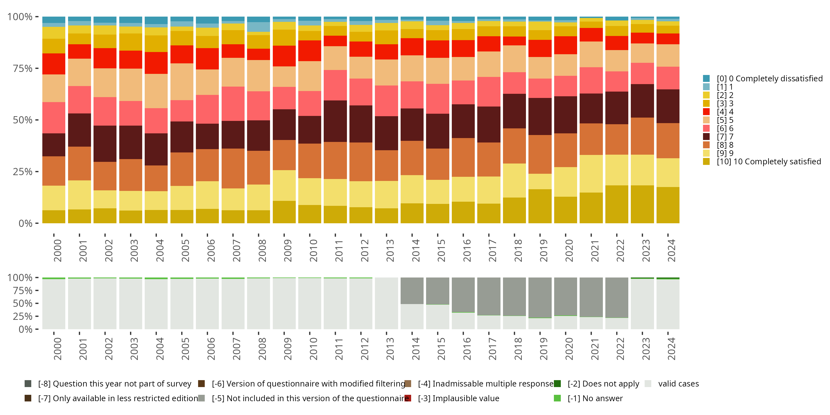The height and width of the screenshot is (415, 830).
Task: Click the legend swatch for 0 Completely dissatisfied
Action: [706, 79]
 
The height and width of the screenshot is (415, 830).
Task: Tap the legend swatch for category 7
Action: [706, 137]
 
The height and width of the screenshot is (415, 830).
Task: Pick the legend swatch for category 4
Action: [706, 112]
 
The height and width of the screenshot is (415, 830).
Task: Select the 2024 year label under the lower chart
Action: [671, 349]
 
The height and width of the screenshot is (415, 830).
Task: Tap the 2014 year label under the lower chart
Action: [415, 349]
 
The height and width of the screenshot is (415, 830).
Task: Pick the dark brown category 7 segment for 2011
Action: [335, 121]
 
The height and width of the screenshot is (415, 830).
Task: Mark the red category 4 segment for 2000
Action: [53, 64]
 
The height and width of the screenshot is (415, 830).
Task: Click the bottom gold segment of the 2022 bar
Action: [616, 204]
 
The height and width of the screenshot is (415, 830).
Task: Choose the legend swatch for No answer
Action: [557, 398]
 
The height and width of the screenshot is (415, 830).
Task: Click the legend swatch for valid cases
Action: [648, 384]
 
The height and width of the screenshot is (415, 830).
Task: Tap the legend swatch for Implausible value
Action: [408, 398]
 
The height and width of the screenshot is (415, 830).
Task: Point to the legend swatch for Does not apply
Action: [557, 384]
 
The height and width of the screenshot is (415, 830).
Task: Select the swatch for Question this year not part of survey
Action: [28, 384]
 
